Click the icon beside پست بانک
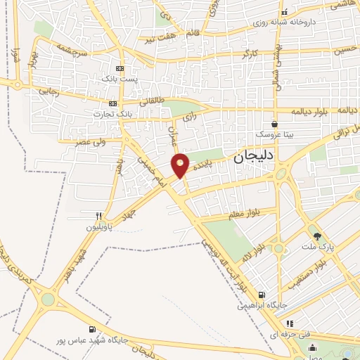tap(120, 68)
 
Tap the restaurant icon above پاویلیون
tap(101, 216)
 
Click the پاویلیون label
tap(99, 227)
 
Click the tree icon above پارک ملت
tap(317, 236)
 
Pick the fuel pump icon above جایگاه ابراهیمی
tap(262, 295)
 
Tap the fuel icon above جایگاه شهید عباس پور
tap(92, 329)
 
